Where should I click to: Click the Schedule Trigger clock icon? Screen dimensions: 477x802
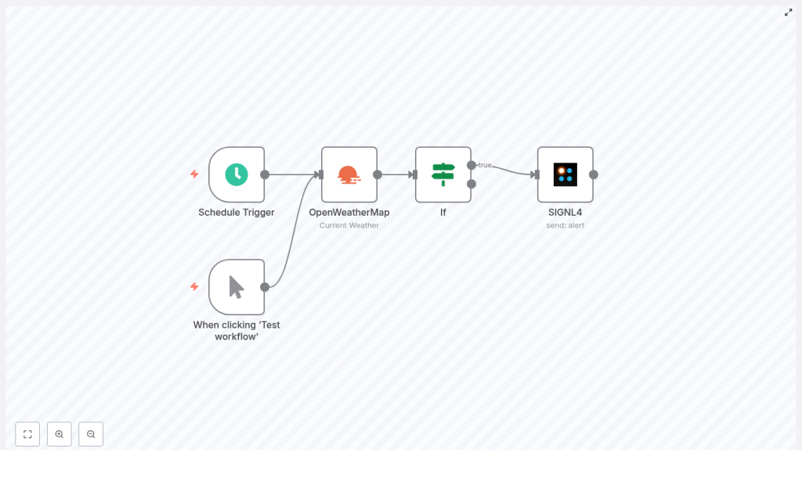pos(237,174)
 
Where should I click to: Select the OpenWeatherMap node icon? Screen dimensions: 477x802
pos(349,174)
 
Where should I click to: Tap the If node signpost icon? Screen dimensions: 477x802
pos(443,174)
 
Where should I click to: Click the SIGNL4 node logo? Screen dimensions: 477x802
pos(565,174)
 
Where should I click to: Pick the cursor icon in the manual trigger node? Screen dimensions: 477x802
pos(237,287)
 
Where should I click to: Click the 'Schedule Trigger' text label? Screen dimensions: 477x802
pos(237,212)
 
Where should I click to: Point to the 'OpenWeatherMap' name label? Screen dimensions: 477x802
pos(349,212)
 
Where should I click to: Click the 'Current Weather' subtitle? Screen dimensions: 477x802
pos(349,225)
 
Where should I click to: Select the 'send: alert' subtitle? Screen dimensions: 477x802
pos(565,225)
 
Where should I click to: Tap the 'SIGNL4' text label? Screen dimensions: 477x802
pos(565,212)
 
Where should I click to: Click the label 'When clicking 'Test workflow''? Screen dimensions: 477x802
pos(237,331)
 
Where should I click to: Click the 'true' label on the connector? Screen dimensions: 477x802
pos(486,165)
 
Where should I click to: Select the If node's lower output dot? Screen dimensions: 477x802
pos(471,184)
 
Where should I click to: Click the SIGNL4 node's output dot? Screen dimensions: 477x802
pos(594,174)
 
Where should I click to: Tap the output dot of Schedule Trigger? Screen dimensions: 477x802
pos(265,174)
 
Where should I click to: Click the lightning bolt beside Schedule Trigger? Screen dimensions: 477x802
pos(194,174)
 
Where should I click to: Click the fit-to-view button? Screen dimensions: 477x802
pos(27,434)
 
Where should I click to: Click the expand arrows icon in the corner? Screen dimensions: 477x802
pos(789,12)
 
